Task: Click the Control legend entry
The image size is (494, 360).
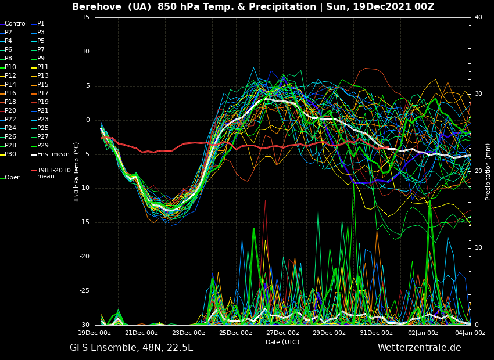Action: pyautogui.click(x=16, y=24)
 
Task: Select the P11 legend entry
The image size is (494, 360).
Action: pyautogui.click(x=42, y=67)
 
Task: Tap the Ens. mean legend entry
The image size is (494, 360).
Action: pyautogui.click(x=53, y=154)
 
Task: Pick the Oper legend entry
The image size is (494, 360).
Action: pyautogui.click(x=12, y=178)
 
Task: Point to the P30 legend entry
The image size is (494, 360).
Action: pyautogui.click(x=10, y=154)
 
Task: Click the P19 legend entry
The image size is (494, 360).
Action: pyautogui.click(x=42, y=102)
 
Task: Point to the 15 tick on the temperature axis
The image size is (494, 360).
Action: pyautogui.click(x=85, y=17)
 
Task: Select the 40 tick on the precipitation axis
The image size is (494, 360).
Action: pyautogui.click(x=478, y=17)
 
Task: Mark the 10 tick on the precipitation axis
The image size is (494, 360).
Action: pyautogui.click(x=478, y=248)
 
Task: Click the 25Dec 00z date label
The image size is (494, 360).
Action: pyautogui.click(x=235, y=333)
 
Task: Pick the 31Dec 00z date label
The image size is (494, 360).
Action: pyautogui.click(x=376, y=333)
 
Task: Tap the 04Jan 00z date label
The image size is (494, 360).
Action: pyautogui.click(x=470, y=333)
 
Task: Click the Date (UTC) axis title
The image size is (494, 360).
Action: pyautogui.click(x=282, y=342)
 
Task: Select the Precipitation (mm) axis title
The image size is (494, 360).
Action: pyautogui.click(x=488, y=172)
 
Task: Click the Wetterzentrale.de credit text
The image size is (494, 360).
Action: pyautogui.click(x=419, y=348)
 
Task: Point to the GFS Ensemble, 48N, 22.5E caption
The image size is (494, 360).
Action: pyautogui.click(x=131, y=348)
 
